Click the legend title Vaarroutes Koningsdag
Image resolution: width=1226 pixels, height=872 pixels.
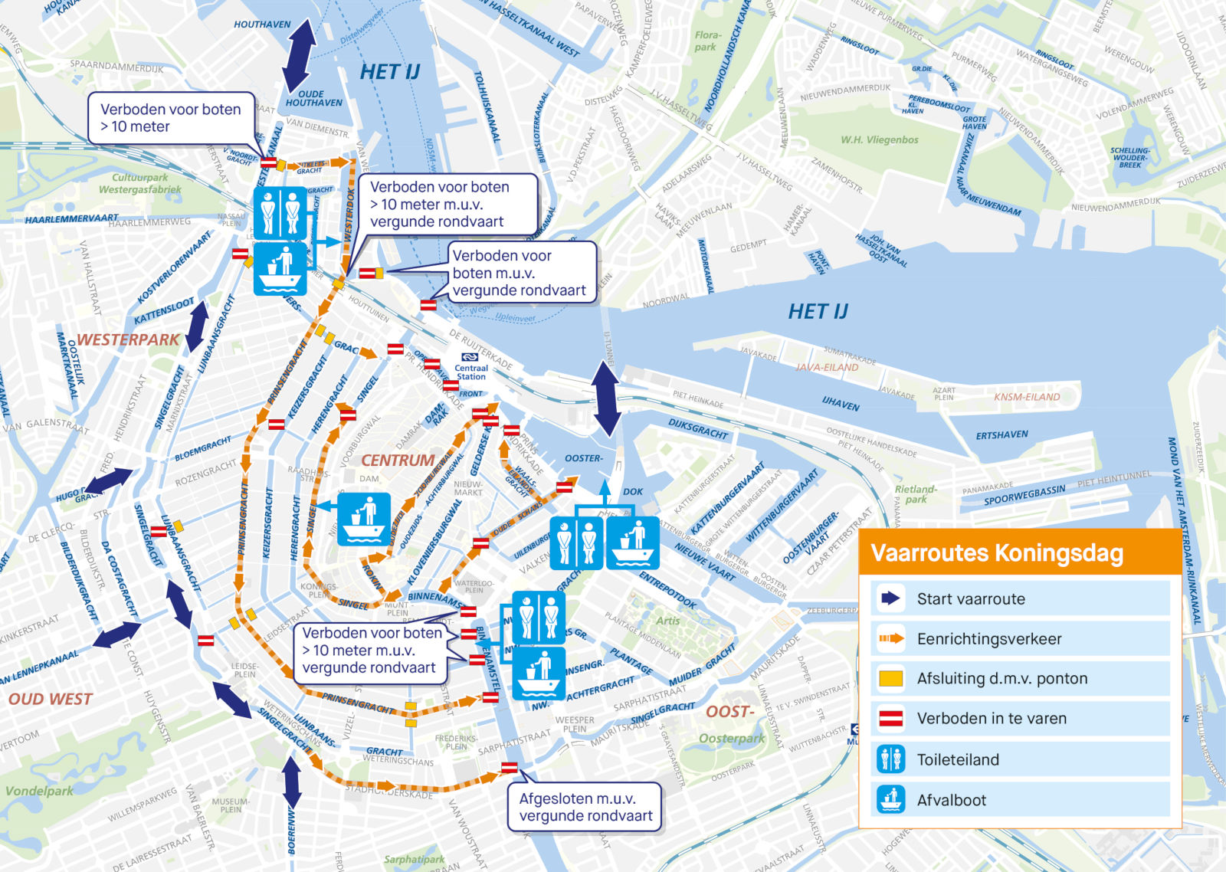point(997,553)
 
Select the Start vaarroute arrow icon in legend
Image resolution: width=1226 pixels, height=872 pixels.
point(890,598)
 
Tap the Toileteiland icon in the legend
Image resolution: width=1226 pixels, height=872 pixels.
point(890,759)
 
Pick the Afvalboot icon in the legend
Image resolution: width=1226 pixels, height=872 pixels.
point(890,799)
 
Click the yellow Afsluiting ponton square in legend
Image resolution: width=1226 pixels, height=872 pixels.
point(890,678)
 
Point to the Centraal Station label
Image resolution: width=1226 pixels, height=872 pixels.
point(471,372)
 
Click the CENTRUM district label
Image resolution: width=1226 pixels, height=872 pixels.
point(398,461)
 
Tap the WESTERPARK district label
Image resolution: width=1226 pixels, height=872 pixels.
point(128,339)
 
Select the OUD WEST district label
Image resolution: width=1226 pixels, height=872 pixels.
point(50,699)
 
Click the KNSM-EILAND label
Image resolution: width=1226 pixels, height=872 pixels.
point(1027,397)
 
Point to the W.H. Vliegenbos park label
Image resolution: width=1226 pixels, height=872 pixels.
point(880,139)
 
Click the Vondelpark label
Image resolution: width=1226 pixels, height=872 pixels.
point(39,791)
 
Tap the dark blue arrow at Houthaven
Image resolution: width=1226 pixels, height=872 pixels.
point(299,55)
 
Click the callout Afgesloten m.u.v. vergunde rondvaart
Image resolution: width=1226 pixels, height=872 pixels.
point(585,807)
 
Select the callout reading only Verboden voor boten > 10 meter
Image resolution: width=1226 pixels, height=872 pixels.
point(170,118)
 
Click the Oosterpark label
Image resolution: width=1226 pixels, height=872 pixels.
point(732,739)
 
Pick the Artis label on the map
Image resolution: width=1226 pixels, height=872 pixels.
point(667,621)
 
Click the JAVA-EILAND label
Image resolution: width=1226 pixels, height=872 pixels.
point(827,367)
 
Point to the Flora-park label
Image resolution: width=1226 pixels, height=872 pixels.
point(707,41)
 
